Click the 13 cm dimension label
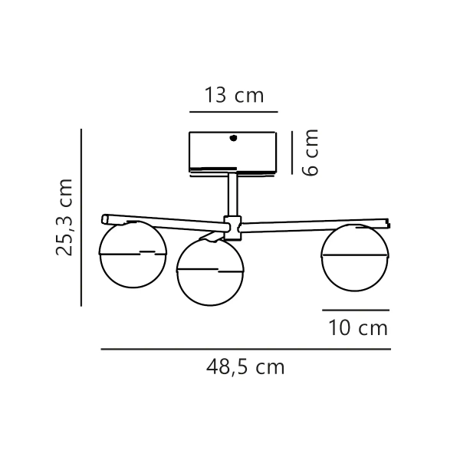tap(234, 96)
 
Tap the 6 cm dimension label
tap(309, 153)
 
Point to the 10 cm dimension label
tap(357, 329)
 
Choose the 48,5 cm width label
tap(245, 367)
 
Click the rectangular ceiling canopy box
tap(232, 151)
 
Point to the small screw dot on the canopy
tap(233, 139)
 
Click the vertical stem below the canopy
tap(232, 195)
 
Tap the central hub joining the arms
tap(232, 225)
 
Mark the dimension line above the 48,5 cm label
tap(245, 350)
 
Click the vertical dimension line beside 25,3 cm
tap(81, 217)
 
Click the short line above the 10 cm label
tap(356, 310)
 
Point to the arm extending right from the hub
tap(314, 223)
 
